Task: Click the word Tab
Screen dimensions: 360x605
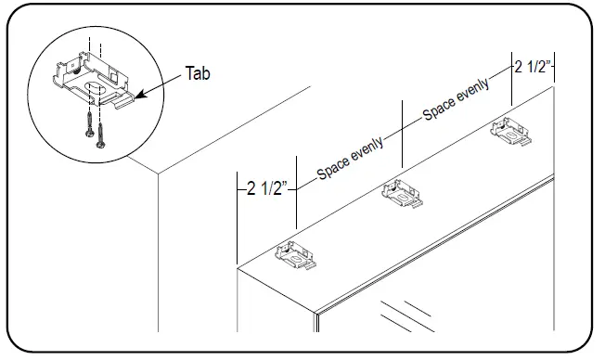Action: pos(199,72)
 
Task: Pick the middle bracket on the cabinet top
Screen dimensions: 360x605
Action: pos(404,194)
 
